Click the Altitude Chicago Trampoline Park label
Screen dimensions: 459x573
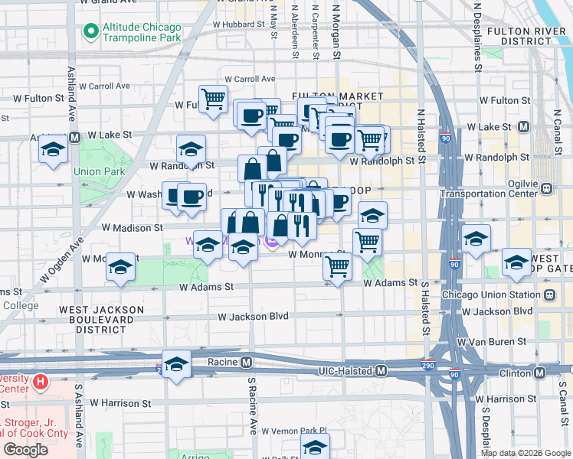click(142, 31)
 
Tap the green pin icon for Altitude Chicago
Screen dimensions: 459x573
click(90, 31)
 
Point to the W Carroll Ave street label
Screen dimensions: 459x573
click(250, 79)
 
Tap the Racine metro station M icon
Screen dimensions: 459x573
click(247, 362)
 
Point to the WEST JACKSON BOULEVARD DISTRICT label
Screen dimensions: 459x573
click(93, 319)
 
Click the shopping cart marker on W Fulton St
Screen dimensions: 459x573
click(213, 99)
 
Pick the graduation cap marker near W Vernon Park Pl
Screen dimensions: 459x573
click(314, 447)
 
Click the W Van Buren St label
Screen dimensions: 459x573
click(493, 341)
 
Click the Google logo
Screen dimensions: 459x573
click(26, 450)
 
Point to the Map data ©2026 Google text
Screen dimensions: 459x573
click(525, 453)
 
